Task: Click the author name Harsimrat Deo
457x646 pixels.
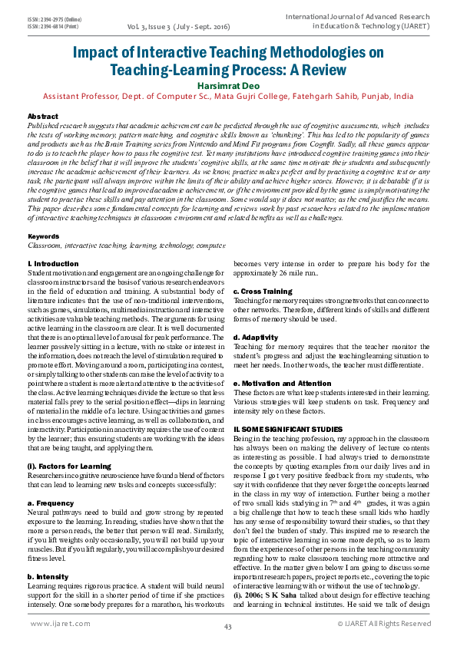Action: point(228,85)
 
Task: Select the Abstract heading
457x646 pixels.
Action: point(42,115)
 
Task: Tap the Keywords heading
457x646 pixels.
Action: point(44,236)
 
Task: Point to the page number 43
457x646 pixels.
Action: point(228,627)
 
